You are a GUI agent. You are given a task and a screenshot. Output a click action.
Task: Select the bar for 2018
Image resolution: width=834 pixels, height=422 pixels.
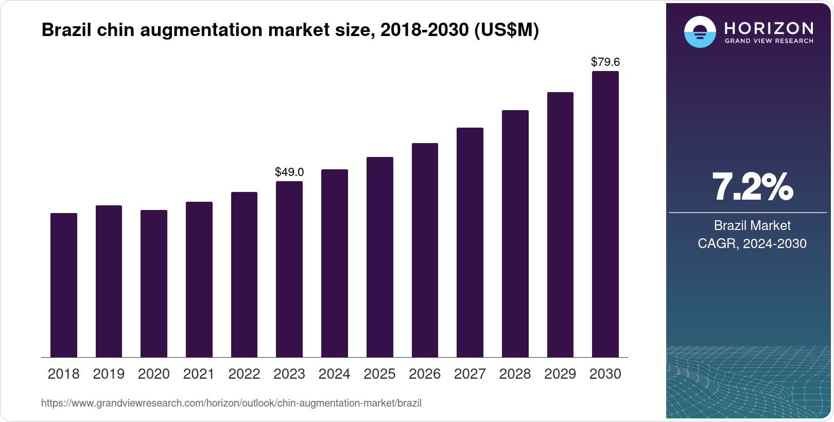[x=64, y=285]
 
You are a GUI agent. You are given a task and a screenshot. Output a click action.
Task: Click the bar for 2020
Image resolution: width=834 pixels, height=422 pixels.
[x=154, y=284]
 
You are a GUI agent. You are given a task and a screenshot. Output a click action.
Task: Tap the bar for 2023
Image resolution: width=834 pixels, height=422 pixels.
[x=289, y=269]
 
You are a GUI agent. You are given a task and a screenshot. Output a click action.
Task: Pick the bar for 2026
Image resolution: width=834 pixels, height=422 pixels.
[x=425, y=250]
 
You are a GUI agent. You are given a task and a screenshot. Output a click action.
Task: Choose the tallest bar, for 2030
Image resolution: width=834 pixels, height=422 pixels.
[x=605, y=214]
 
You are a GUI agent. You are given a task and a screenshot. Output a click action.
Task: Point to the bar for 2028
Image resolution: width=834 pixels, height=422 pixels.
[x=515, y=234]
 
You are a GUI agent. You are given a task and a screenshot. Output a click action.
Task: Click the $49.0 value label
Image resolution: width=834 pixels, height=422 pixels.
[x=289, y=172]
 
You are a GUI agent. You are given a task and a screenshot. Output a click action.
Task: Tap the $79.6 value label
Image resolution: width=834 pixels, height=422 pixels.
[x=605, y=62]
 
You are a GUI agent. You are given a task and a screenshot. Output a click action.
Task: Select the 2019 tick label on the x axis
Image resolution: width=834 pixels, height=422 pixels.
[x=109, y=374]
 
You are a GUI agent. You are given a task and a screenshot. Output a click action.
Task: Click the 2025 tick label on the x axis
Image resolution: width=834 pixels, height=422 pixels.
[x=379, y=374]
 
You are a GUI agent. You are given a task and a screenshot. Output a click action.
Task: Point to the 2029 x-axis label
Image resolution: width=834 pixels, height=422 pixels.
[x=560, y=374]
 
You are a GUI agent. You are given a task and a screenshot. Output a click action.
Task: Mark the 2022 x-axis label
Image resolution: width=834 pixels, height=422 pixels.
[x=244, y=374]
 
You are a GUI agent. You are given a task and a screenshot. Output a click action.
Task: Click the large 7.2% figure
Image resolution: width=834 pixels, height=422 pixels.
[x=752, y=187]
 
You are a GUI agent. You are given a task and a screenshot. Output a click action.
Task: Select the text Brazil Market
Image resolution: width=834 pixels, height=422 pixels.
[x=752, y=225]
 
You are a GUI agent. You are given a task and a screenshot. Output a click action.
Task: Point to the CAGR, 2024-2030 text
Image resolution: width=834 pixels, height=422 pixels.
[x=752, y=243]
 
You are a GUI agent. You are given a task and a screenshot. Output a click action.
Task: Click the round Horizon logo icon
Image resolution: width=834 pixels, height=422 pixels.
[x=700, y=32]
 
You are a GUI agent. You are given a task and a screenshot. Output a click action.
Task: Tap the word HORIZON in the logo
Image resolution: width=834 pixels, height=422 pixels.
[x=769, y=28]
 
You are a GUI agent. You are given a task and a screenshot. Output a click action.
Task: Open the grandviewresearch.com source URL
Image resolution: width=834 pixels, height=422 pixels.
[x=231, y=403]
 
